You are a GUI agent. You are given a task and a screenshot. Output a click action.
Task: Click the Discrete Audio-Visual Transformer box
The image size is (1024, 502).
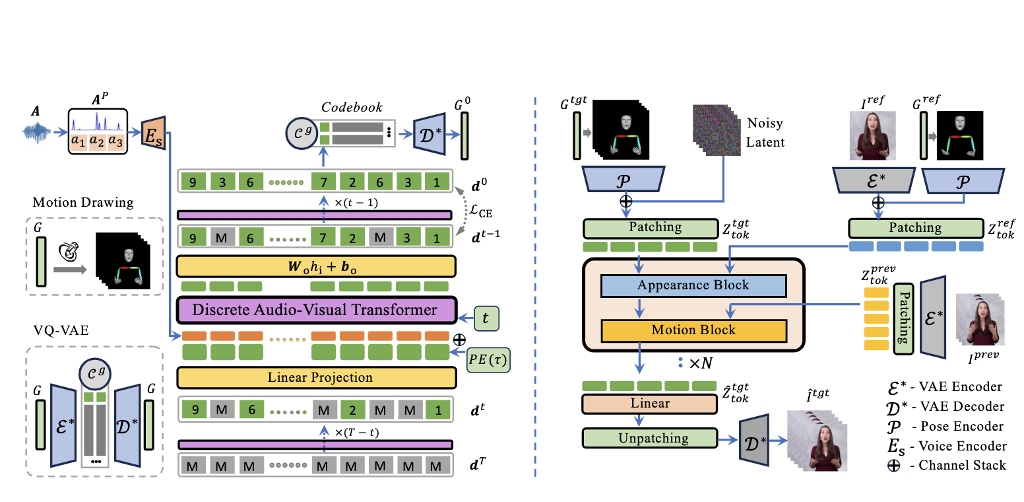316,310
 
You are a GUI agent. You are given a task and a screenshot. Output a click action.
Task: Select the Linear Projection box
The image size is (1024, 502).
316,378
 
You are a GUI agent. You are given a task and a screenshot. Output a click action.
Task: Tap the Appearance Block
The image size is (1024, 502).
693,286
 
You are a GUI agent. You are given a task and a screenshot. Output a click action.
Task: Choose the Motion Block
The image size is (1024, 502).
693,330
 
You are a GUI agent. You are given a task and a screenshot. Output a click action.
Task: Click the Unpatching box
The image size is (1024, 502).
649,438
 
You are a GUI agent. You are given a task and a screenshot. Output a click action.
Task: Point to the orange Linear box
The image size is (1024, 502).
649,403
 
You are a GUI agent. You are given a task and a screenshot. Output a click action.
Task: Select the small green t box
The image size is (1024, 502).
486,318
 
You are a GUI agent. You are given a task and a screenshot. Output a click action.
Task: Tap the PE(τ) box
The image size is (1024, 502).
489,362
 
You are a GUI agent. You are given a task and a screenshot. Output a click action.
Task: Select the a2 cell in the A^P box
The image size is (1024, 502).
97,141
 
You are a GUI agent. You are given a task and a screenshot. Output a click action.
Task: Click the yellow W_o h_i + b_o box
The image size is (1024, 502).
316,266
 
